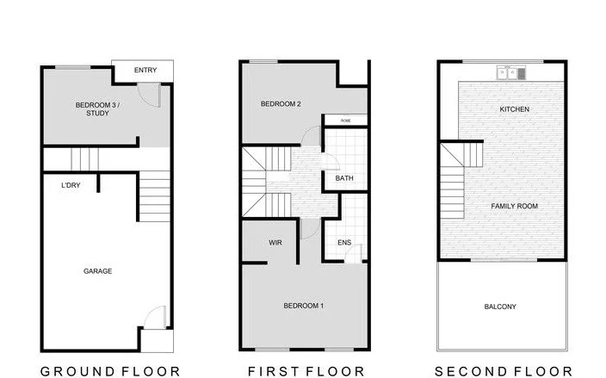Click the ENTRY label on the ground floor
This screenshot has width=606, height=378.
coord(145,71)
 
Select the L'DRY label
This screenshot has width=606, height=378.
coord(71,186)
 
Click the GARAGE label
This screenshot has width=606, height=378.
coord(97,271)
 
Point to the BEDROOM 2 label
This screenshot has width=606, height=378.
coord(281,104)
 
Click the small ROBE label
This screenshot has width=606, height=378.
coord(345,121)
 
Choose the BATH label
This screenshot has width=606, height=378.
coord(344,179)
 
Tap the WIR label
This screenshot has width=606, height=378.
coord(275,243)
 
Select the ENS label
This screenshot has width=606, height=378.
coord(343,243)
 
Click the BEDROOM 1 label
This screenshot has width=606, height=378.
coord(304,306)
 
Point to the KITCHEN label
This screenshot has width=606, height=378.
coord(514,109)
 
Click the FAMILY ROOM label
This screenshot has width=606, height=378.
coord(514,207)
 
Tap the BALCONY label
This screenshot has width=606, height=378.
coord(500,307)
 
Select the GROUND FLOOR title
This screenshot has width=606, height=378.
coord(111,371)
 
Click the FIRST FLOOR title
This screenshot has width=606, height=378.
coord(306,371)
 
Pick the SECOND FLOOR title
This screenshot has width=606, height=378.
coord(503,371)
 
